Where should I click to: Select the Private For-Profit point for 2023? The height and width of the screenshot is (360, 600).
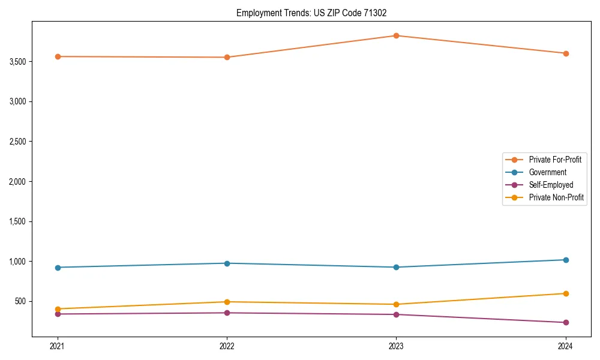(396, 36)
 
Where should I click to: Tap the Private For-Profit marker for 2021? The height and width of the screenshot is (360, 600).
(58, 56)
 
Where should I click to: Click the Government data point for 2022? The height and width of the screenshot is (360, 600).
(227, 263)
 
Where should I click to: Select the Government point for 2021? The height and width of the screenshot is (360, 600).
(58, 268)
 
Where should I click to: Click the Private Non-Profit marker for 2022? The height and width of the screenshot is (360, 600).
(227, 302)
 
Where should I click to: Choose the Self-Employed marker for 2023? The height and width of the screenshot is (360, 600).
(396, 314)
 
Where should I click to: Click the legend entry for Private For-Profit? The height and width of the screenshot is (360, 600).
(554, 160)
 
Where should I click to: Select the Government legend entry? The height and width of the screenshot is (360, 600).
(547, 172)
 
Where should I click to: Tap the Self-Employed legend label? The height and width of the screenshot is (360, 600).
(551, 185)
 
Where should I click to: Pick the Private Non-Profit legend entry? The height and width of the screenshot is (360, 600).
(556, 197)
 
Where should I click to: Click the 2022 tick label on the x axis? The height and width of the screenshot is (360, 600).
(227, 346)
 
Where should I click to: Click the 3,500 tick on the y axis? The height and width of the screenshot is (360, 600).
(17, 62)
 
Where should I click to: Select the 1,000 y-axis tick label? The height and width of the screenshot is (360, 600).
(17, 262)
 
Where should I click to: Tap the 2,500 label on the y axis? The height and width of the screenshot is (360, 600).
(17, 142)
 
